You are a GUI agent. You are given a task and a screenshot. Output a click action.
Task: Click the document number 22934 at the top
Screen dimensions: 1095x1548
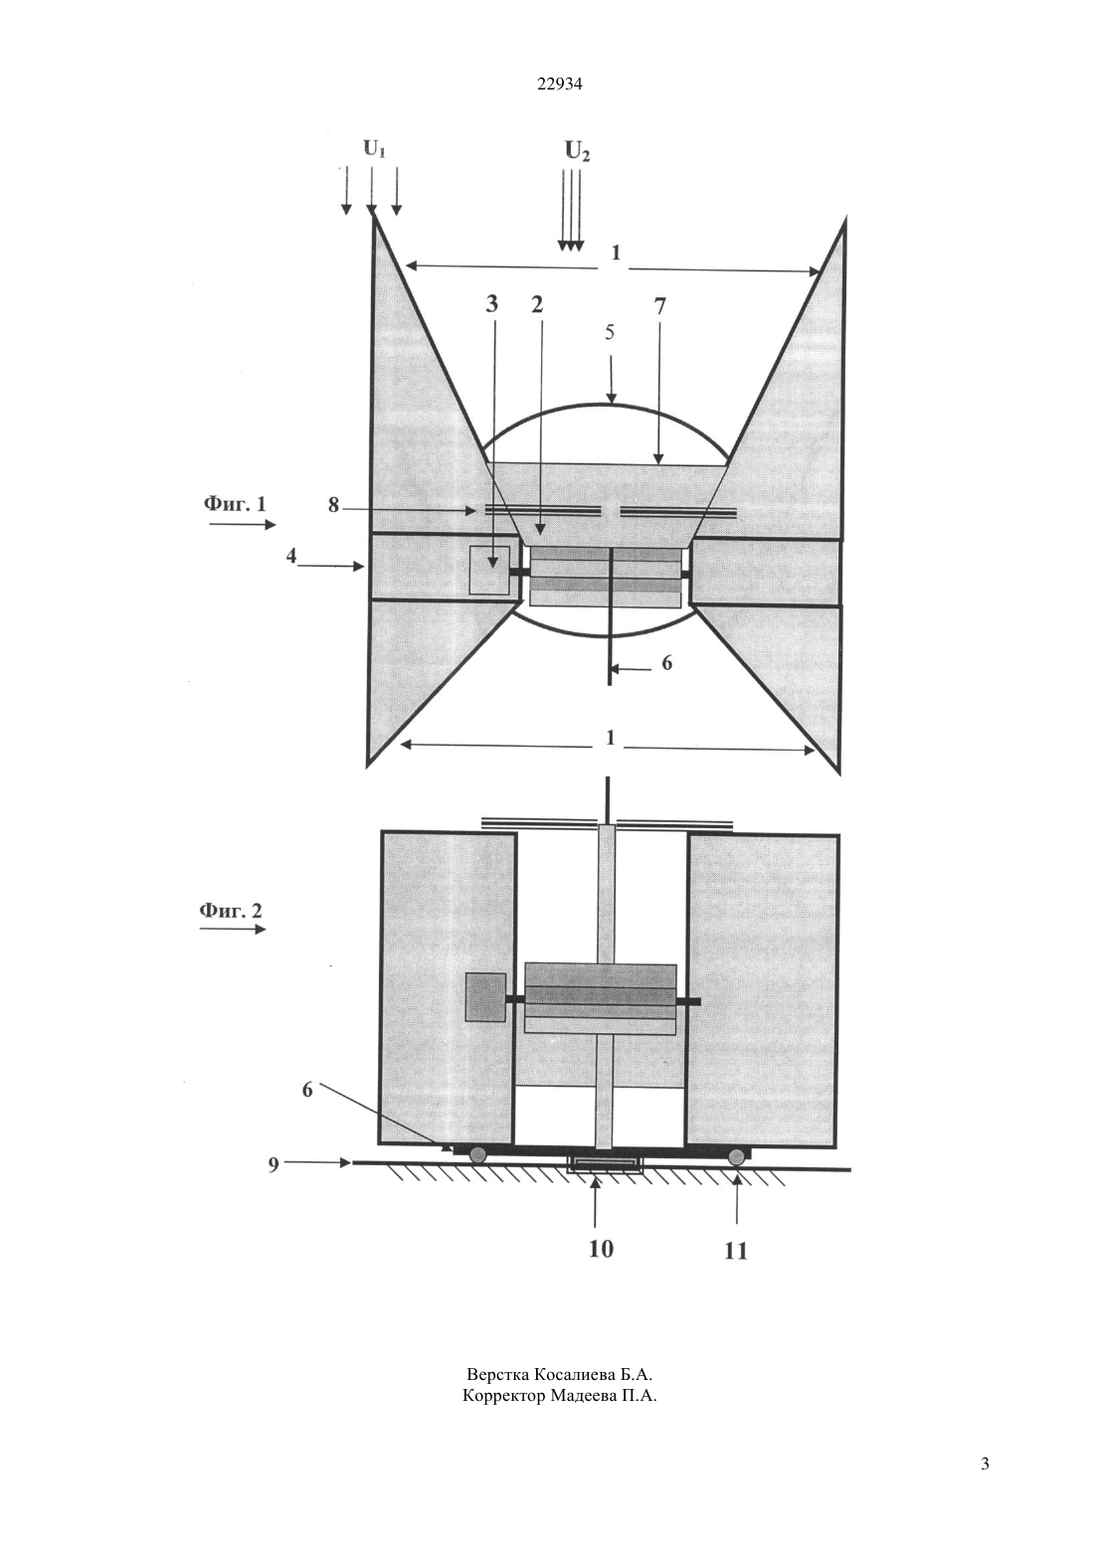(560, 85)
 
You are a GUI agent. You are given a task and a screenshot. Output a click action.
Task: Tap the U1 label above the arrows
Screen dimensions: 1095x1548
(374, 148)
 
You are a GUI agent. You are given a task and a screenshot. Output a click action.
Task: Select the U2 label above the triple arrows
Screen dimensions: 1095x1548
(578, 151)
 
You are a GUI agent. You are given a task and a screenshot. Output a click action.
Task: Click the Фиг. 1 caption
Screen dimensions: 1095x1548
(235, 504)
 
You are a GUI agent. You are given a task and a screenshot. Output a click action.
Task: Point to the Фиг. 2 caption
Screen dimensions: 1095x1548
(231, 910)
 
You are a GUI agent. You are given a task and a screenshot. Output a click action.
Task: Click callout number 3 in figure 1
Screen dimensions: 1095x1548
(491, 304)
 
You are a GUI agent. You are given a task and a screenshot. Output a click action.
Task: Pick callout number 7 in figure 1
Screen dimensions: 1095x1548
(659, 306)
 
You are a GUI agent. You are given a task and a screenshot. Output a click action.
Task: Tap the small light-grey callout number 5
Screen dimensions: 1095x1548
(609, 332)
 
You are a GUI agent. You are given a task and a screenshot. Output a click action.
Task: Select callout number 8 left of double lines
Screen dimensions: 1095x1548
(333, 506)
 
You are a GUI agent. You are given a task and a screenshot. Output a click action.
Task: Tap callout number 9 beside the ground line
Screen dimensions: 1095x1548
(274, 1165)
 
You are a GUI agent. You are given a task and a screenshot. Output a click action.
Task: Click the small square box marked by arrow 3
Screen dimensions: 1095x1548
(489, 570)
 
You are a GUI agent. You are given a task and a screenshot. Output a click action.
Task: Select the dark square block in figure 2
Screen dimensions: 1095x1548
(485, 996)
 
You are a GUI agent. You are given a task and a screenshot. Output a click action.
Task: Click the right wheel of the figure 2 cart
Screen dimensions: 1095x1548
(738, 1154)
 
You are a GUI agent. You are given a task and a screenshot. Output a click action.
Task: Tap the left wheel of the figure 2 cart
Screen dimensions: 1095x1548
(477, 1153)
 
